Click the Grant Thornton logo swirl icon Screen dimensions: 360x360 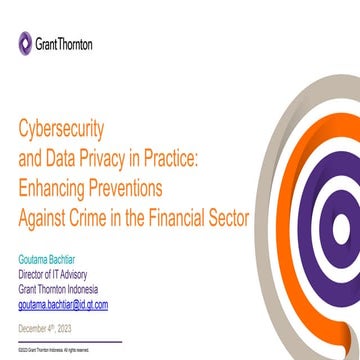click(25, 43)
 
